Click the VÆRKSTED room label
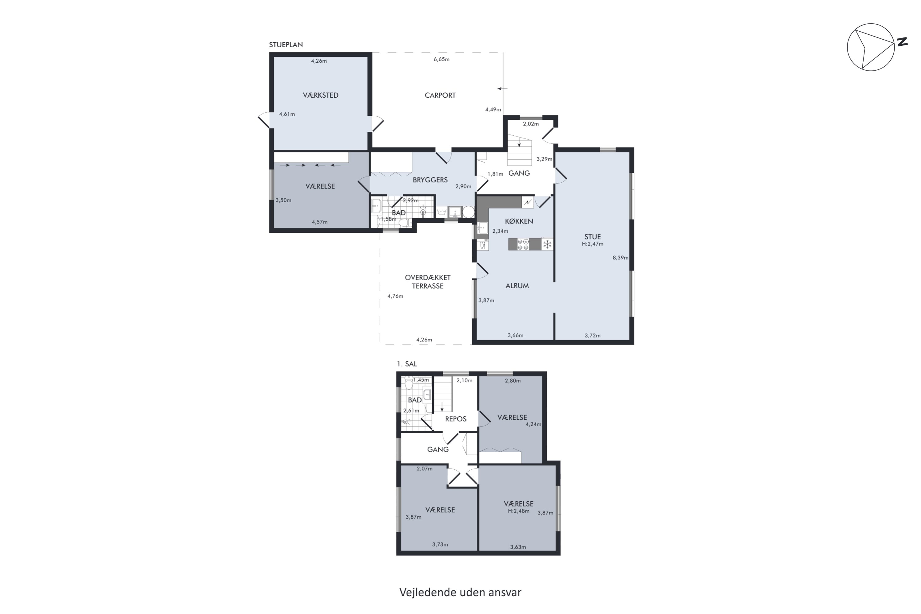pos(320,95)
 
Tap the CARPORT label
pos(440,95)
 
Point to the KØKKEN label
pos(519,221)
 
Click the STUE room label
pos(593,237)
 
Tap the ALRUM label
pos(517,286)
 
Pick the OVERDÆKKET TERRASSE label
pos(428,282)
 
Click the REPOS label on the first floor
pos(456,419)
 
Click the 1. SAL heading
pos(407,364)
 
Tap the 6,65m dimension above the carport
pos(441,60)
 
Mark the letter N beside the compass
pos(902,42)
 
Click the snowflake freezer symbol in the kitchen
pos(547,244)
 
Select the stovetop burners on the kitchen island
pos(523,244)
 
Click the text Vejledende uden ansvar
pos(460,593)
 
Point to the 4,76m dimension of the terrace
pos(395,296)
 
